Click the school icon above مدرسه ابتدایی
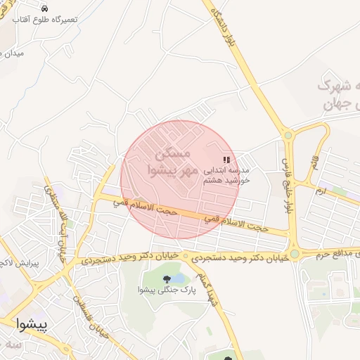[x=226, y=160]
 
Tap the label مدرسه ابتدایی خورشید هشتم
[x=226, y=175]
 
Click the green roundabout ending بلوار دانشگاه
[x=288, y=134]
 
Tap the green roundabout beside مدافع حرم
[x=295, y=253]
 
